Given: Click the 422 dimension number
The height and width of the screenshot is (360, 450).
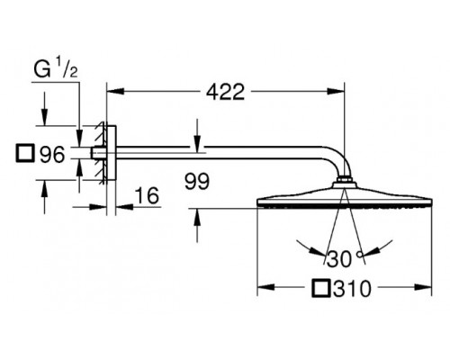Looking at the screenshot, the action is click(226, 92).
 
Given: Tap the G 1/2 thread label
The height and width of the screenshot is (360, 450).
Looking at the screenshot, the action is click(56, 69).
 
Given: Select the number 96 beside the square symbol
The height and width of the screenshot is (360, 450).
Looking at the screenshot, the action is click(52, 155).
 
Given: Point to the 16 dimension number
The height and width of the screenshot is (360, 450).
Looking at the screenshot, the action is click(147, 195).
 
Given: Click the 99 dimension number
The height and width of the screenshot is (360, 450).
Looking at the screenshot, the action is click(197, 182).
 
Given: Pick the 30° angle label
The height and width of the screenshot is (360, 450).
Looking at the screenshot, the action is click(345, 259).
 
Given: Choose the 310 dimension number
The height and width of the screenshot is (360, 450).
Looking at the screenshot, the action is click(353, 289).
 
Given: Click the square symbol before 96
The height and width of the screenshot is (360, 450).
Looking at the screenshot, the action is click(25, 154).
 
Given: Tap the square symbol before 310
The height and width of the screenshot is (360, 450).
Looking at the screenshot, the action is click(320, 289).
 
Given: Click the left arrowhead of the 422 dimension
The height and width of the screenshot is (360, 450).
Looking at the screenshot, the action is click(115, 91).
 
